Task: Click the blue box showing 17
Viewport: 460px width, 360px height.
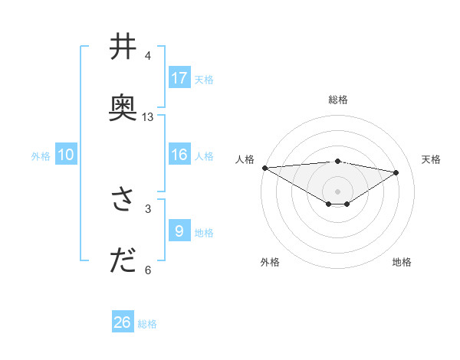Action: coord(179,77)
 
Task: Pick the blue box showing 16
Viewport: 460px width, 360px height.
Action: coord(179,154)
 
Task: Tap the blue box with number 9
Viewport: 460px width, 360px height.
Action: coord(179,231)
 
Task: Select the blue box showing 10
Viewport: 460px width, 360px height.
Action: coord(66,155)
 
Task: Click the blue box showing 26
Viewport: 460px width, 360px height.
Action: coord(123,322)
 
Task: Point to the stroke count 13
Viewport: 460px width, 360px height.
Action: coord(148,117)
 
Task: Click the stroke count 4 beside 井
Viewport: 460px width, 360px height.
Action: coord(148,56)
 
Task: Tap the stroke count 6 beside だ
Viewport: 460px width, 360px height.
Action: coord(148,270)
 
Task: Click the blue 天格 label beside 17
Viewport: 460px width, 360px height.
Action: coord(204,79)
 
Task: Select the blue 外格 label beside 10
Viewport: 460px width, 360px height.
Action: coord(41,156)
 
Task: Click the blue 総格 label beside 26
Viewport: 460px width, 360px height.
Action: coord(147,324)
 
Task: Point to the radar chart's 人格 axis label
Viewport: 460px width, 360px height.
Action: coord(245,159)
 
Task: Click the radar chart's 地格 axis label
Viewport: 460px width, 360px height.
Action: coord(402,262)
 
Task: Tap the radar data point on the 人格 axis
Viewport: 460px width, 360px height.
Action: coord(264,168)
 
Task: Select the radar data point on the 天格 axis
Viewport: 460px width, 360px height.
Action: coord(396,172)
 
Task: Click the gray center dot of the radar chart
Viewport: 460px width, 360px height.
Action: coord(337,191)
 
